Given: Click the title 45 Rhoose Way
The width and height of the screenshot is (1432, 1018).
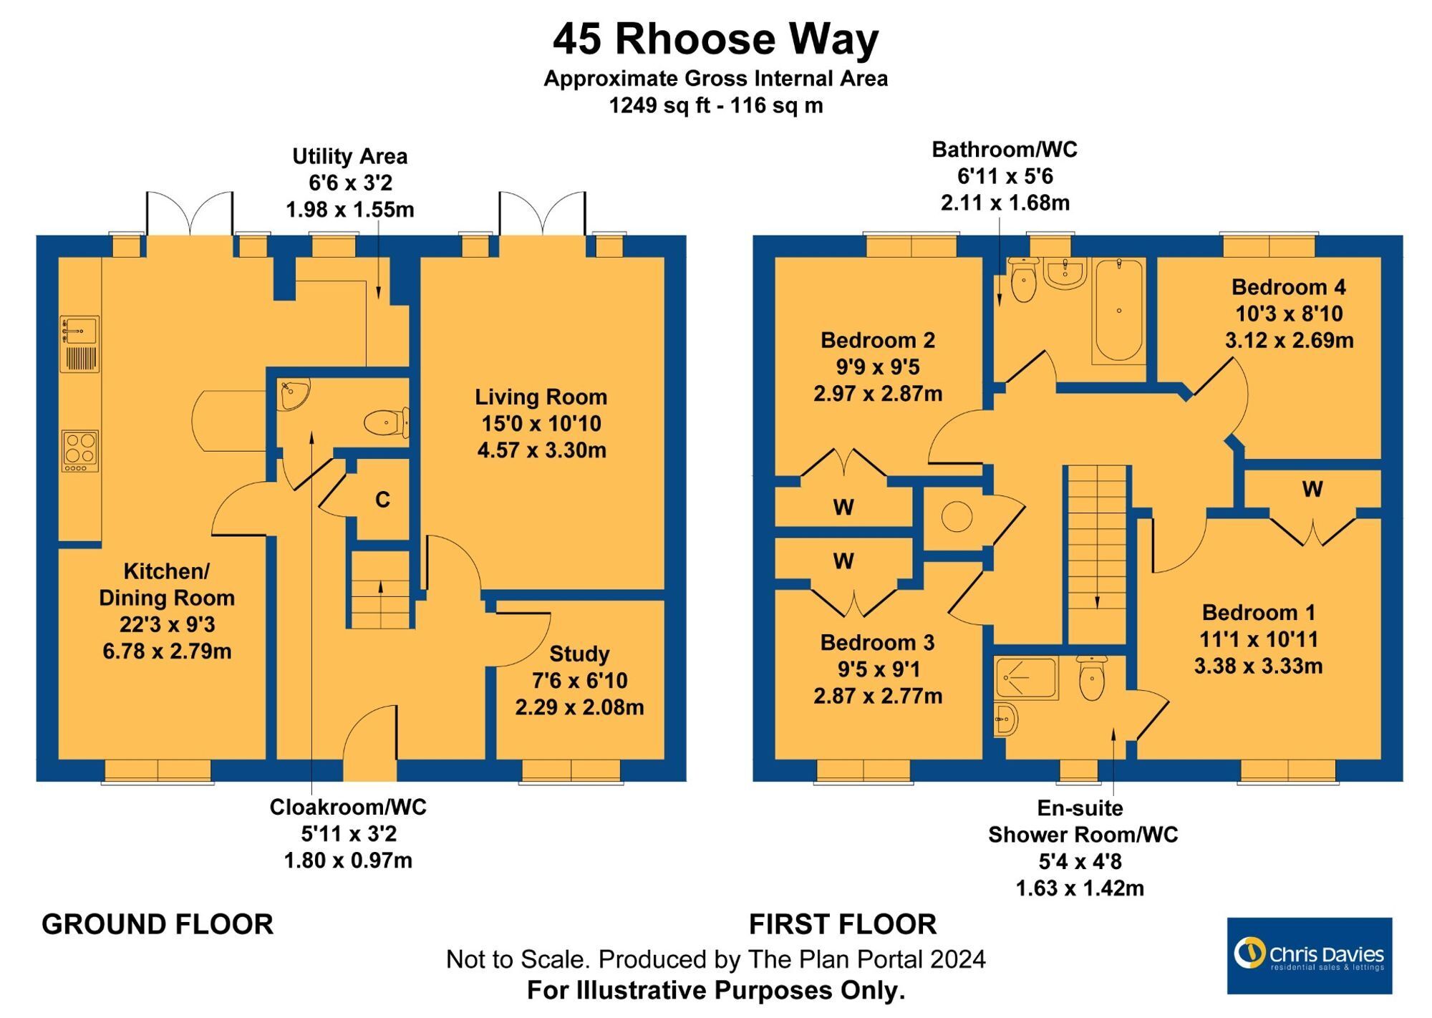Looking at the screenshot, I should [x=715, y=39].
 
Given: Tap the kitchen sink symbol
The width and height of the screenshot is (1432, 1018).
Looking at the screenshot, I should [x=79, y=331].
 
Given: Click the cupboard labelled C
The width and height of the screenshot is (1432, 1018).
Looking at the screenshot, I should [x=382, y=500].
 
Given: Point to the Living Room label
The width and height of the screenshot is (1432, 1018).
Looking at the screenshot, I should [x=541, y=397].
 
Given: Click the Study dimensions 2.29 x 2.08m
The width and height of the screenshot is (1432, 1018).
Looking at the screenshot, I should [x=579, y=707].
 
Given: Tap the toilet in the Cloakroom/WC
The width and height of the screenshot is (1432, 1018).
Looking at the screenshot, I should [x=384, y=422].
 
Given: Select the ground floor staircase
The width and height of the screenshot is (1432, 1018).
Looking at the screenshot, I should [x=379, y=590].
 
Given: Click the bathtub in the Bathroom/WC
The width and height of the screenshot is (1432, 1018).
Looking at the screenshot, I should [x=1118, y=310].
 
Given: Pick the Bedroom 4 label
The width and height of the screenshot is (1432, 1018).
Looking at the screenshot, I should [x=1288, y=287].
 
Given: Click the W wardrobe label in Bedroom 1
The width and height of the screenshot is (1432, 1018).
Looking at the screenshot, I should [x=1312, y=490].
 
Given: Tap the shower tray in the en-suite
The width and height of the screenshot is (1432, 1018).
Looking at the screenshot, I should [x=1026, y=677].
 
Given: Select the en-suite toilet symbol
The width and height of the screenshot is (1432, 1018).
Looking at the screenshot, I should [x=1092, y=679].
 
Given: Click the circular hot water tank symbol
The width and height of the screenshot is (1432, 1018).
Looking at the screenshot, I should [x=957, y=516].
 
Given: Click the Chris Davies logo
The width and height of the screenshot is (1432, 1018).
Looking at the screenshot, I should [x=1309, y=955].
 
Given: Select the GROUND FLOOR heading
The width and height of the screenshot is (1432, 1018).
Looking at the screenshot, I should [x=158, y=924].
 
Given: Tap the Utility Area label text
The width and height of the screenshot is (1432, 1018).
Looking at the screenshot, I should [x=349, y=157].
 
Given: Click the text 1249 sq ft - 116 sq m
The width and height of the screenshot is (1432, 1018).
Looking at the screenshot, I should [x=715, y=106].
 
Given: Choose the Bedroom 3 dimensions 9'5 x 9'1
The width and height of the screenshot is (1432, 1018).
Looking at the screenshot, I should [x=878, y=669].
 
